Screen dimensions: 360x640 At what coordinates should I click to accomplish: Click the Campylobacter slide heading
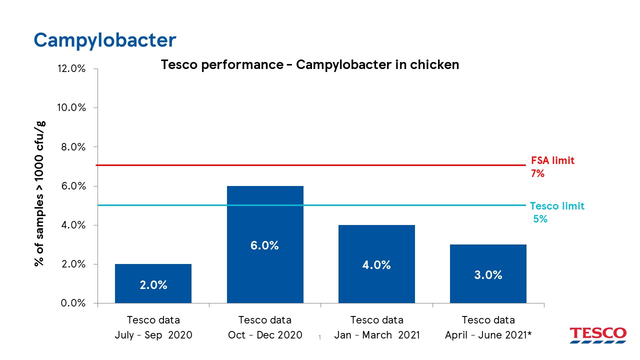105,40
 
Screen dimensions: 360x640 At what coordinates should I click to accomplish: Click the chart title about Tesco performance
309,65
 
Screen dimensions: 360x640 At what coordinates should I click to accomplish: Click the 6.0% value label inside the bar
265,245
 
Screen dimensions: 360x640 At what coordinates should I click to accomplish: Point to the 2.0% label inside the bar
153,285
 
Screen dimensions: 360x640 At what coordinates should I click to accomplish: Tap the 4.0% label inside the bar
376,265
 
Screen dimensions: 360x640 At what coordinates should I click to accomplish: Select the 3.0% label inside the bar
488,275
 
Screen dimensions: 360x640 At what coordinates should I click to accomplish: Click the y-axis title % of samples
40,194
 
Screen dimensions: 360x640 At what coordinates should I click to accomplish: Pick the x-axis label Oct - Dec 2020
265,328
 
